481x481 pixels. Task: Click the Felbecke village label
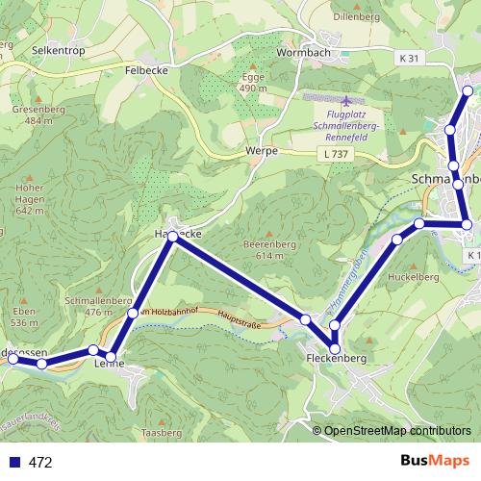[x=147, y=70]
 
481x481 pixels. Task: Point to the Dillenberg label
[x=358, y=17]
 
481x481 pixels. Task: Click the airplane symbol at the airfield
[x=346, y=100]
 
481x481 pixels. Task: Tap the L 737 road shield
[x=335, y=153]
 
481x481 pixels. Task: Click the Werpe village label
[x=262, y=151]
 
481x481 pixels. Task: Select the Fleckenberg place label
[x=338, y=358]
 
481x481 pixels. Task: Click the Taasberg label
[x=161, y=434]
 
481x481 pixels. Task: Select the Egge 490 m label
[x=253, y=83]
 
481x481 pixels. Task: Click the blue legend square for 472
[x=13, y=462]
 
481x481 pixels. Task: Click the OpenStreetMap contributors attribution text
[x=397, y=431]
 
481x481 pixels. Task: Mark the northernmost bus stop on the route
[x=468, y=91]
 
